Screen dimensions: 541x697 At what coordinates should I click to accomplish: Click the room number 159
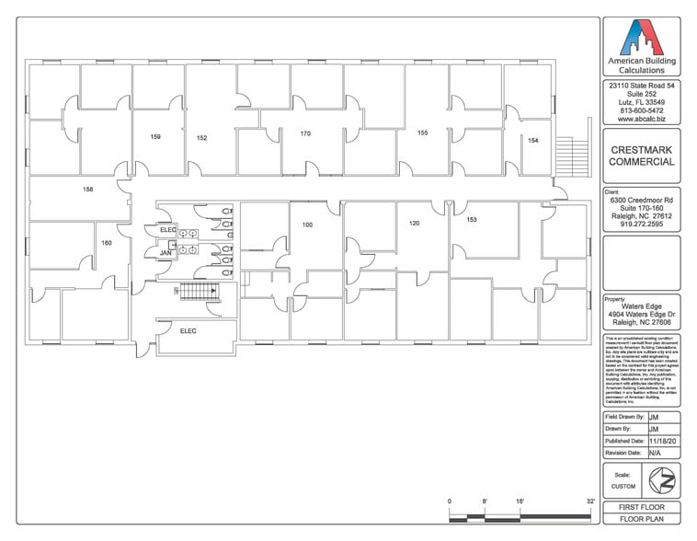155,137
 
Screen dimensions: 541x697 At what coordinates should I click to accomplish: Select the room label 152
201,138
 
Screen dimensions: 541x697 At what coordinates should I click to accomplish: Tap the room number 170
305,133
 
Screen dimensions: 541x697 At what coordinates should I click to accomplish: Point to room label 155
422,133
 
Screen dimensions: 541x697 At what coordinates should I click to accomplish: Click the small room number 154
532,141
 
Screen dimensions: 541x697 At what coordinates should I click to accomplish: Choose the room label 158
87,190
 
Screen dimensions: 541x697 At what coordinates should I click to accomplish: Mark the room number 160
106,243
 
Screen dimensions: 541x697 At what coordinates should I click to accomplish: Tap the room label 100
307,224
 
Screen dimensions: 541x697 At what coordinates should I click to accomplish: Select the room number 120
414,224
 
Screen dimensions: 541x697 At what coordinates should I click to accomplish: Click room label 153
472,220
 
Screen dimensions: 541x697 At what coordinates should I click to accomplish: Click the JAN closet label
166,252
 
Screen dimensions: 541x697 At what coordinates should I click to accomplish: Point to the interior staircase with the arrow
196,293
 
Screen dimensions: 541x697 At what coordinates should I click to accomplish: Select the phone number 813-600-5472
641,110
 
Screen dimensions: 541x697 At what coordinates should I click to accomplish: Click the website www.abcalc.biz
641,120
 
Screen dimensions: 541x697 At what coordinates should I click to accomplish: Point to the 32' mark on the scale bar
588,501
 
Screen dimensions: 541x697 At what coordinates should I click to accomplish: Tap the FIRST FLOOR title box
641,508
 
